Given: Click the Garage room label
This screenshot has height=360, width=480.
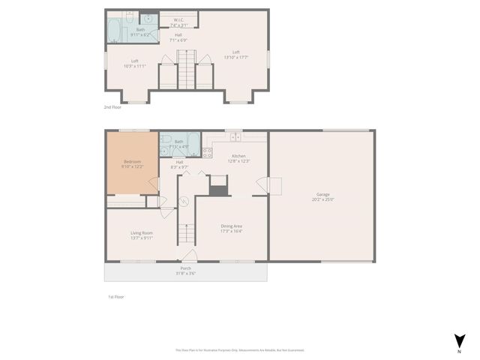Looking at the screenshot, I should point(322,197).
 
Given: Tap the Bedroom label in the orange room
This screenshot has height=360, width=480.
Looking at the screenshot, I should point(132,163).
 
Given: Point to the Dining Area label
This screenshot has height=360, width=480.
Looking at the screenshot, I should point(231,228).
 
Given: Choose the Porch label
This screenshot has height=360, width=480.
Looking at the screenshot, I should point(185,270).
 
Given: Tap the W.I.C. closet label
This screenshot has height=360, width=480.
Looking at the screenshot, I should point(178,22).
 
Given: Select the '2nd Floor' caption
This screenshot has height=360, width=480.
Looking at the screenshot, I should point(112,107).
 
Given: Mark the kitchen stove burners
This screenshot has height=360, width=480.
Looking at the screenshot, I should point(207,152).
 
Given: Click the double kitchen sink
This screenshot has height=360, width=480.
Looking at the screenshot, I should point(235,137).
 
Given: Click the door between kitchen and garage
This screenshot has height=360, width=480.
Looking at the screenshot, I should point(262,184).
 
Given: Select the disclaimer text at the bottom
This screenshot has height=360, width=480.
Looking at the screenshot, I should point(240,349).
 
